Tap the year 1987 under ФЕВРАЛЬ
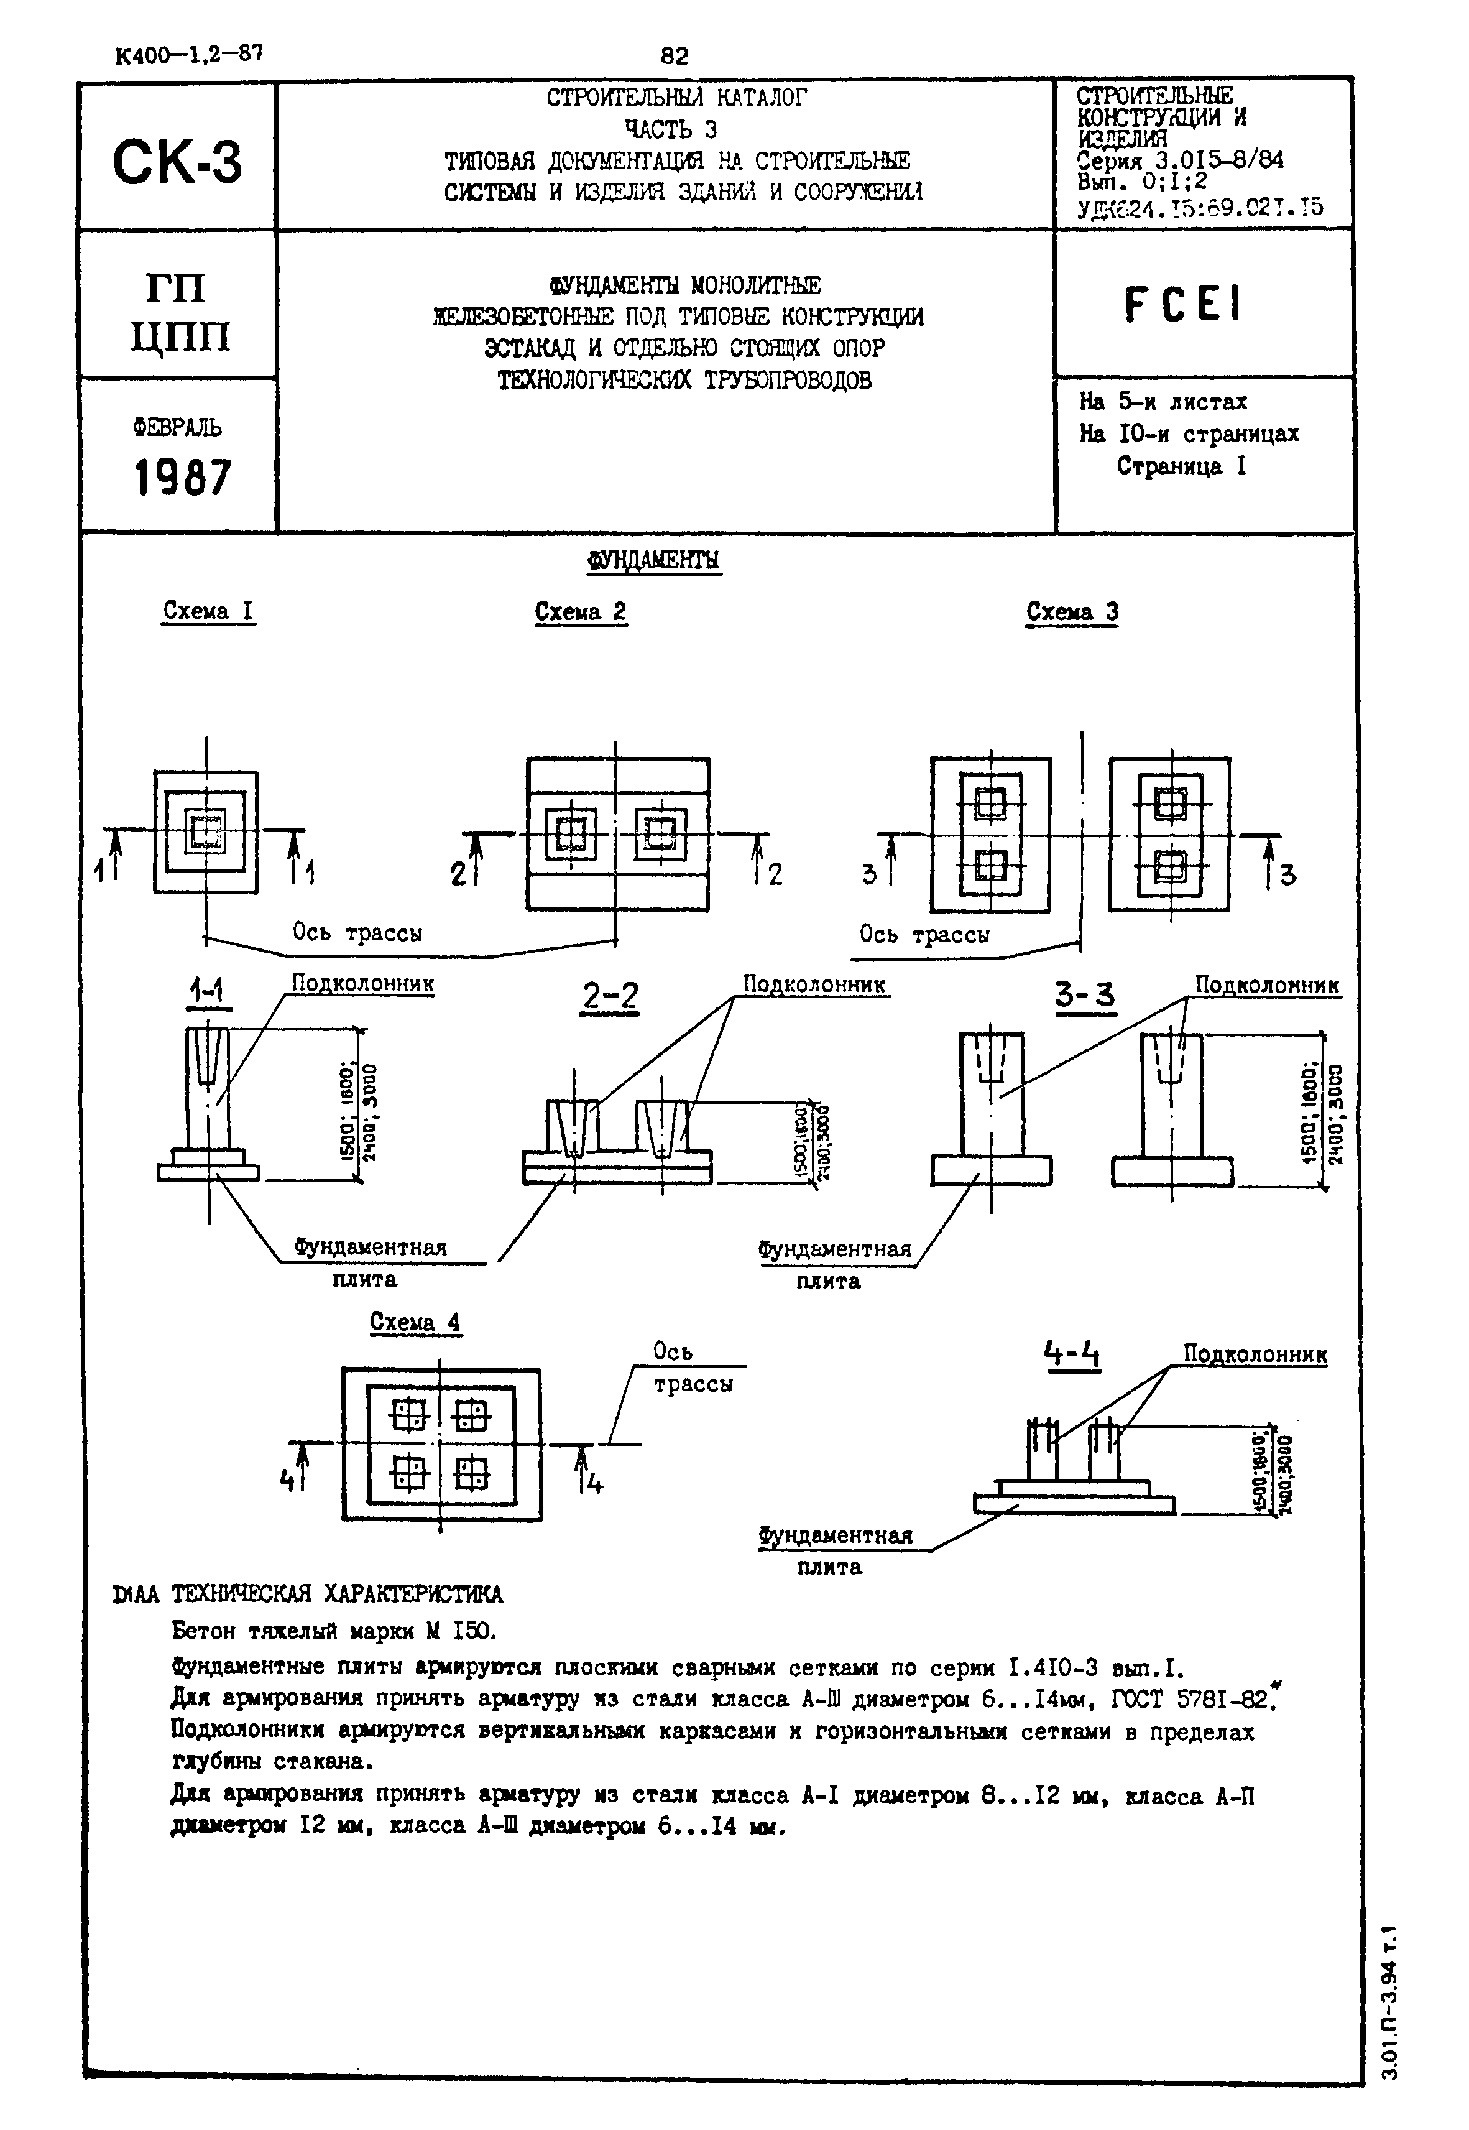click(x=182, y=478)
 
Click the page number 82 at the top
click(x=674, y=56)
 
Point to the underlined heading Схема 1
click(x=208, y=611)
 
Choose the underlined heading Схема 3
click(x=1072, y=612)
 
